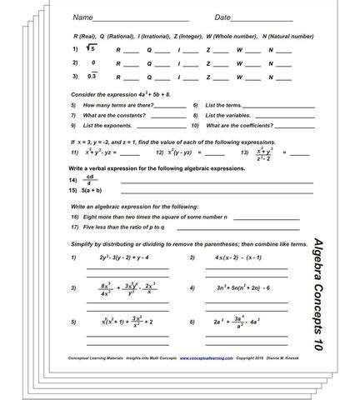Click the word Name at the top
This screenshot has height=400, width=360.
click(82, 17)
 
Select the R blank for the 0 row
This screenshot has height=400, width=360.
click(131, 64)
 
